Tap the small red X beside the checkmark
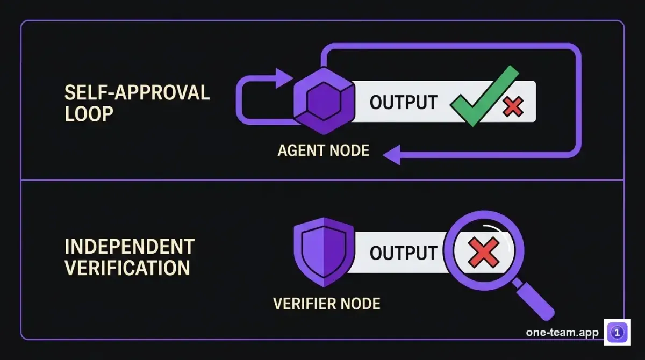coord(513,106)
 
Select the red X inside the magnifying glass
coord(484,253)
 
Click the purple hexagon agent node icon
coord(324,101)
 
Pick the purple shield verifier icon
coord(324,252)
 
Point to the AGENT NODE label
coord(324,150)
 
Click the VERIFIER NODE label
coord(327,304)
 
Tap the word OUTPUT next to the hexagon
coord(404,102)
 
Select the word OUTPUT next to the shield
coord(404,253)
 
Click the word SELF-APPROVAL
coord(137,92)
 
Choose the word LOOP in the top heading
coord(89,114)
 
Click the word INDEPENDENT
coord(130,247)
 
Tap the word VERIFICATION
coord(127,268)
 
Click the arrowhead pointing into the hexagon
coord(284,78)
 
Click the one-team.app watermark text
coord(562,333)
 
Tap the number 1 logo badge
coord(617,333)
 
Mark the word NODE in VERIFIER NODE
coord(360,304)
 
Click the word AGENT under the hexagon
coord(300,150)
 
